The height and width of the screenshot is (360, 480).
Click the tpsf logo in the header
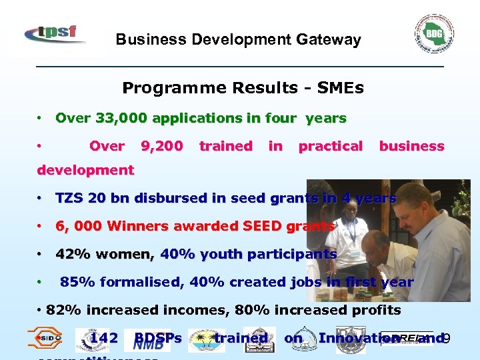[x=54, y=33]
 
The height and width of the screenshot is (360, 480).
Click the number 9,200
[x=161, y=146]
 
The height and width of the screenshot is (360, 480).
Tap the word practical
[x=330, y=146]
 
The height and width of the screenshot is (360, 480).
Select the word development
[x=85, y=170]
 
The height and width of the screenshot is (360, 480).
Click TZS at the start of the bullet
[x=70, y=198]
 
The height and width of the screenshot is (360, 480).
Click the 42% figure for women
[x=70, y=254]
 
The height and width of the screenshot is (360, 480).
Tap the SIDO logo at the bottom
[x=45, y=339]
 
